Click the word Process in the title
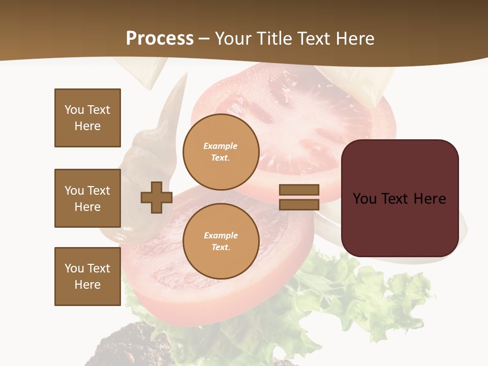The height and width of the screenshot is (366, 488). (160, 39)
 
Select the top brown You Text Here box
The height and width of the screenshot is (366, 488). (87, 118)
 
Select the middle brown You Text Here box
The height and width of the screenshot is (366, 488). (87, 198)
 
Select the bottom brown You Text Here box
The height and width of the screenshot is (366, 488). (87, 277)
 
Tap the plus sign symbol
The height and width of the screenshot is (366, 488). (157, 197)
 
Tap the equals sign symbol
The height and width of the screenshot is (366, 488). (299, 197)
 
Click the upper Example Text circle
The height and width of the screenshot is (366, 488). (221, 152)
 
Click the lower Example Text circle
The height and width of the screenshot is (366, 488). (221, 241)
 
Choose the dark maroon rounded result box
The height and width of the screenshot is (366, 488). (400, 198)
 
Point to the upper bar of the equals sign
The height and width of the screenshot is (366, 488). (299, 190)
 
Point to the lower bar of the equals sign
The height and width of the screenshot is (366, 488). (299, 205)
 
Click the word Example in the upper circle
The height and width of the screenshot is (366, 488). (221, 146)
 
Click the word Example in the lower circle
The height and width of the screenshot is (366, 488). (221, 236)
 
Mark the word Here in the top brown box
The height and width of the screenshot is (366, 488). (87, 126)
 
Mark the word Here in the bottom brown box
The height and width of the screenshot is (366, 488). (87, 285)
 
